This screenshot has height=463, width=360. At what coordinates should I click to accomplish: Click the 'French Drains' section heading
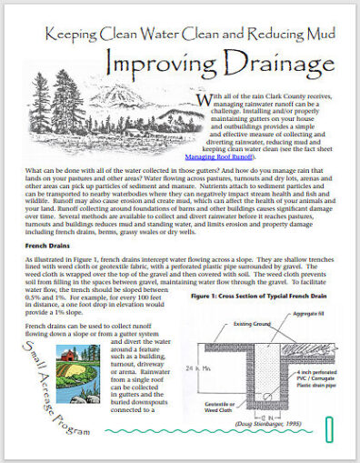coord(43,219)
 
